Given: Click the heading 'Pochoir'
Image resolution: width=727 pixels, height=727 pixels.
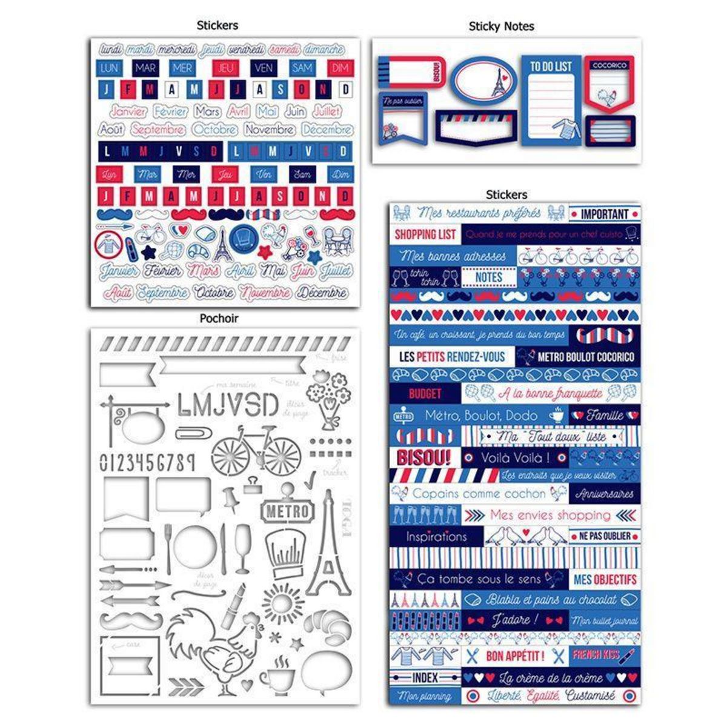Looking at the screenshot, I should [x=219, y=318].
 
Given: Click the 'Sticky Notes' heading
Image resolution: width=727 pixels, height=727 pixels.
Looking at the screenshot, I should [x=501, y=27].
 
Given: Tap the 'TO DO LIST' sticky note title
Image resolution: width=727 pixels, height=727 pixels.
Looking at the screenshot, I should [x=551, y=66].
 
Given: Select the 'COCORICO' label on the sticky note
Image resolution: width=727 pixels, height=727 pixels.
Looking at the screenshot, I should [x=609, y=65].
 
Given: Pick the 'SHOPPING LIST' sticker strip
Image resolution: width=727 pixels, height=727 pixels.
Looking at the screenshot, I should [x=425, y=234].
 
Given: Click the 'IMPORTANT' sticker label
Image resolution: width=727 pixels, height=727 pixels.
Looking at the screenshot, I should [x=605, y=214].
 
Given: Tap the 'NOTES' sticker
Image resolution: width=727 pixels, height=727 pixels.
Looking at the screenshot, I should [x=489, y=277].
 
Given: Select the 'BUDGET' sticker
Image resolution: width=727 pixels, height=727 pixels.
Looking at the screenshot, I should [x=425, y=394].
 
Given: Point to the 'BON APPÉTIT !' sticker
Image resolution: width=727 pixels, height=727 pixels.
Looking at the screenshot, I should [x=516, y=656].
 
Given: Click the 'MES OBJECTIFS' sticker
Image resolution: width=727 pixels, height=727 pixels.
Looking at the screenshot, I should [x=605, y=579].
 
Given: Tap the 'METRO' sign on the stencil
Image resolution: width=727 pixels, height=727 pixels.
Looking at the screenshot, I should [x=287, y=512].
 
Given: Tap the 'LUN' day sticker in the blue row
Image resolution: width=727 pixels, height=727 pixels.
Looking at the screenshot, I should [x=109, y=68].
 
